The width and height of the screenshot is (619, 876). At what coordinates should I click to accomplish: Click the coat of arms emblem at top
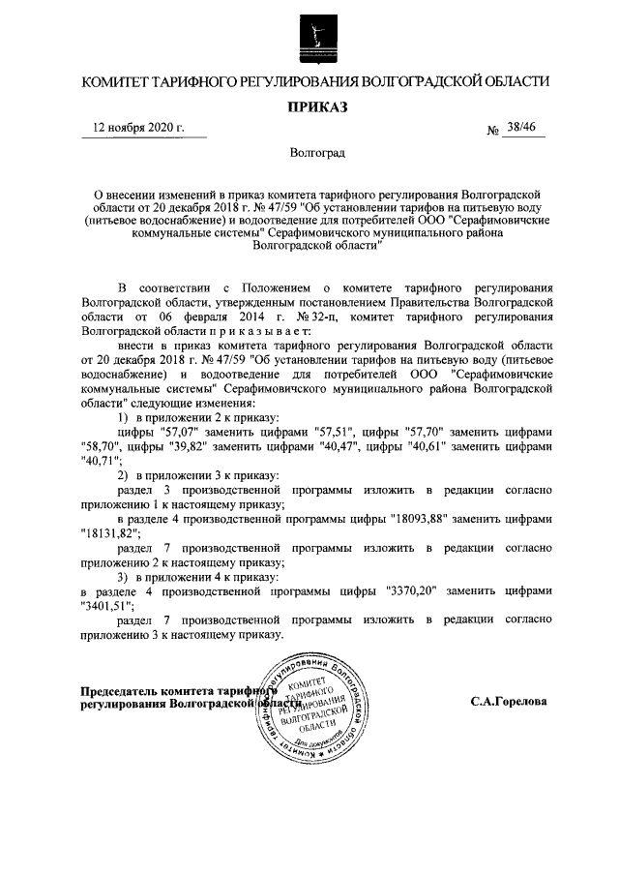coord(309,37)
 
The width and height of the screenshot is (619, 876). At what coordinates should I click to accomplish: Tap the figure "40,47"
coord(355,448)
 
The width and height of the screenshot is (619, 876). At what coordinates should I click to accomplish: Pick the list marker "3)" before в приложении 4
coord(122,574)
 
